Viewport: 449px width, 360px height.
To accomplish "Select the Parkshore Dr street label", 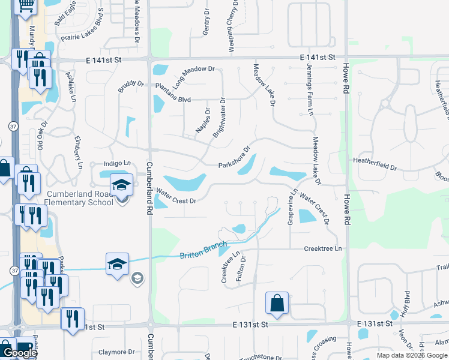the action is point(234,157).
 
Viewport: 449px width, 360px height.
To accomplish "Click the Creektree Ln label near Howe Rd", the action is point(322,248).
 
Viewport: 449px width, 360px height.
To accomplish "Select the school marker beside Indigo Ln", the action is point(122,184).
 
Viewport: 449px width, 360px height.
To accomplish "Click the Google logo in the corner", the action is point(20,353).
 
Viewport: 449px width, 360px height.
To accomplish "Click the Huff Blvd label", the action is point(407,304).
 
